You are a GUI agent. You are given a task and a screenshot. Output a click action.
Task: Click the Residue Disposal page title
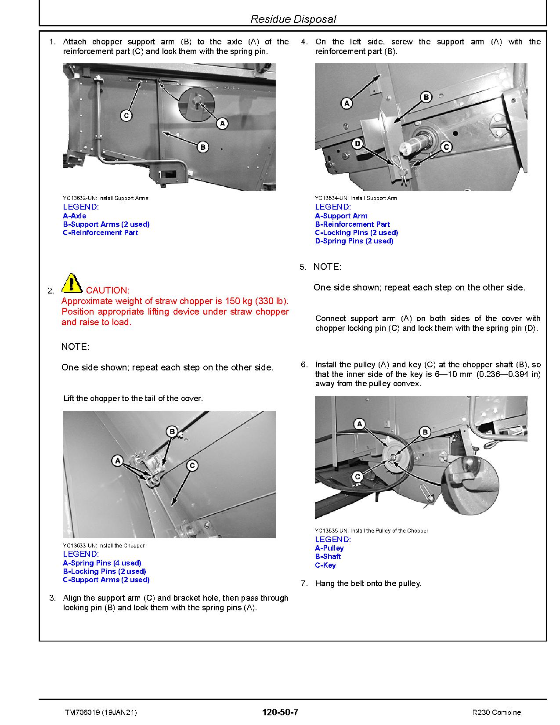pos(293,19)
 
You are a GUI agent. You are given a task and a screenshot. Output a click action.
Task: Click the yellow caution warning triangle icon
pos(72,283)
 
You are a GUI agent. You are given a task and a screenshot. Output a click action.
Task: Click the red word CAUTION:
pos(108,290)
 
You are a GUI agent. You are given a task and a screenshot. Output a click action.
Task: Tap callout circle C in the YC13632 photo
pos(126,116)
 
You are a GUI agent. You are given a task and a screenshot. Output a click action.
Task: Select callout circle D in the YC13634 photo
pos(358,144)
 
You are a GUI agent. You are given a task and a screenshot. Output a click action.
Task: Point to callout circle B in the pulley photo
pos(425,432)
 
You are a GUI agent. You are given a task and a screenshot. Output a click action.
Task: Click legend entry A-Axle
pos(75,216)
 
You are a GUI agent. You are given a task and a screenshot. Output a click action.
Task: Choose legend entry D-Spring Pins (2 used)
pos(354,241)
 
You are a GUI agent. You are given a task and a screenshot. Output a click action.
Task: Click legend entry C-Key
pos(325,565)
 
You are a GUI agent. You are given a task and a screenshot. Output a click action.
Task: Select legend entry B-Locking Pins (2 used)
pos(104,571)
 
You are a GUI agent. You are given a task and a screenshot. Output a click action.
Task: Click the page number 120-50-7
pos(280,712)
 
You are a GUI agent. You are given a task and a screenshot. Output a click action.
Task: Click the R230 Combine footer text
pos(496,712)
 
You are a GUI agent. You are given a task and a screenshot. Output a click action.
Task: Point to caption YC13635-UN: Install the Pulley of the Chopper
pos(371,531)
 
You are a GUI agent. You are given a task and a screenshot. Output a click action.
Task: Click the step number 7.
pos(304,584)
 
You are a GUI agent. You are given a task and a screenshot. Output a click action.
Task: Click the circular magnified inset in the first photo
pos(196,104)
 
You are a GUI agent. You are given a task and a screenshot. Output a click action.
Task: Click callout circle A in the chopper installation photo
pos(117,460)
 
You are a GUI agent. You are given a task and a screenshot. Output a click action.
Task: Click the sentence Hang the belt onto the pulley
pos(368,584)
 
